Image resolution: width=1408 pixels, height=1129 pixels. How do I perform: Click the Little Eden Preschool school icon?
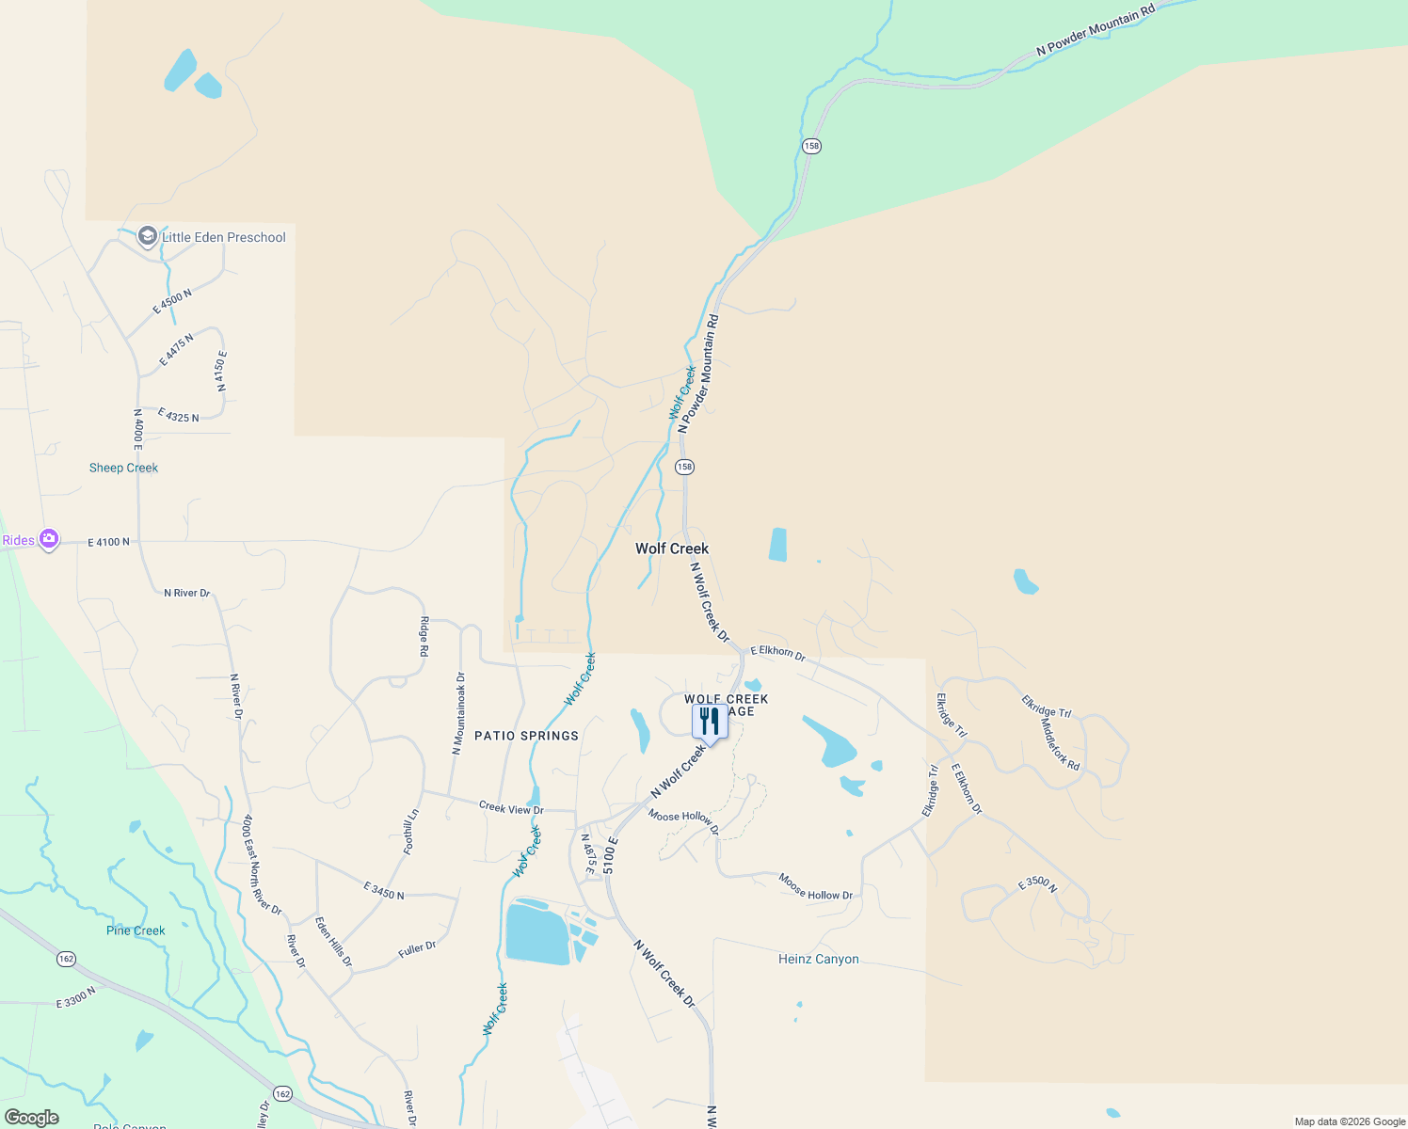tap(148, 236)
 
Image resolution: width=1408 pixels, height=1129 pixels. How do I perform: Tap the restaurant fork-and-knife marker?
tap(710, 722)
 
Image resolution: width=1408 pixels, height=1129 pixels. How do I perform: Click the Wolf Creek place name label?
tap(672, 549)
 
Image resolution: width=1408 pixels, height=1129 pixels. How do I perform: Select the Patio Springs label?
tap(526, 736)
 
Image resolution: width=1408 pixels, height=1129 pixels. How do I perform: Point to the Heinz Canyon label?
tap(818, 960)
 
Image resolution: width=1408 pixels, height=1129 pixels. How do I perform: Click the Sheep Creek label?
tap(123, 468)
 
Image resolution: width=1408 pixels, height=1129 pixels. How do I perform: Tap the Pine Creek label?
tap(136, 930)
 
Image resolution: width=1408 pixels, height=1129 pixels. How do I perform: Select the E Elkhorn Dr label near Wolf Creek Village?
tap(777, 652)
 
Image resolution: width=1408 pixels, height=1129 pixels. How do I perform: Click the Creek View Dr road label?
tap(511, 808)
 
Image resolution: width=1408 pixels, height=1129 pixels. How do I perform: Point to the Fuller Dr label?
tap(417, 949)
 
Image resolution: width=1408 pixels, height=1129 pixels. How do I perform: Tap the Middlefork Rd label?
tap(1061, 746)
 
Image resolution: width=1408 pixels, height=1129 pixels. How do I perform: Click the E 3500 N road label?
tap(1037, 883)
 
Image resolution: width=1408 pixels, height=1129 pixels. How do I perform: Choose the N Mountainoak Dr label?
tap(459, 712)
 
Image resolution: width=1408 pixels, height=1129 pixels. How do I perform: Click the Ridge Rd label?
tap(424, 637)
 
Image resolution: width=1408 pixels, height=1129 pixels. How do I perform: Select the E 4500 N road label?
tap(172, 301)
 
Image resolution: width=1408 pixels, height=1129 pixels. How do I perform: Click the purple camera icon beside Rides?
tap(49, 540)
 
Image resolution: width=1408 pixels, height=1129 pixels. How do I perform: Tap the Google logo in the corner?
tap(32, 1118)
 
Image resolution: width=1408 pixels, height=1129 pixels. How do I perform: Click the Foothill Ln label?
tap(410, 832)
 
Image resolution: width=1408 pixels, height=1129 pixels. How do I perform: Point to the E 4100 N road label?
tap(108, 542)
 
